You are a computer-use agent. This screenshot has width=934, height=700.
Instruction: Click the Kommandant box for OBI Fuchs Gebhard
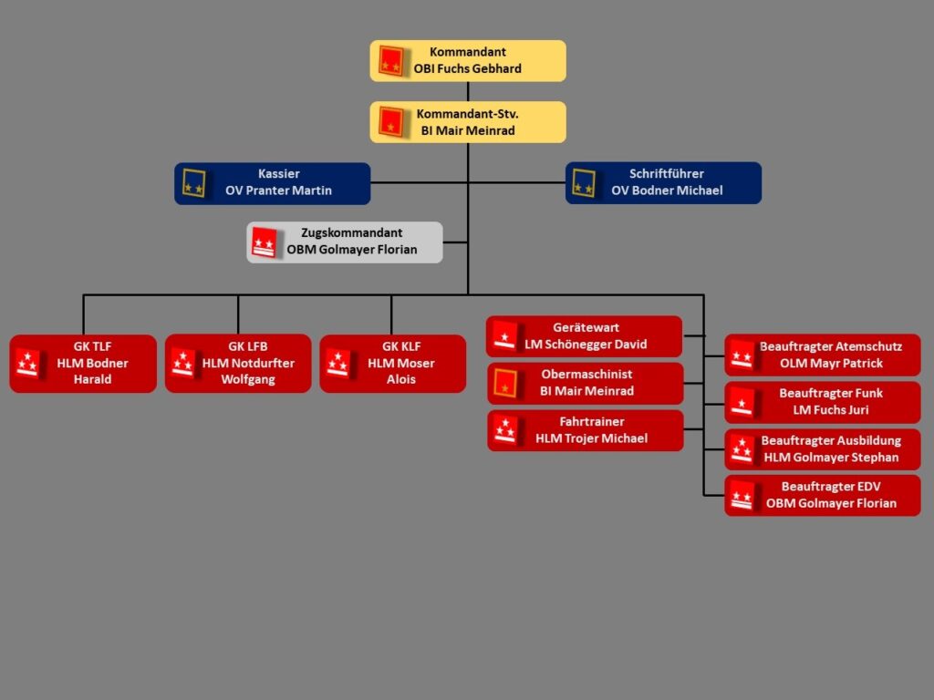[468, 61]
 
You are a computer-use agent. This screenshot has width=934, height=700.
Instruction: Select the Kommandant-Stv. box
[468, 122]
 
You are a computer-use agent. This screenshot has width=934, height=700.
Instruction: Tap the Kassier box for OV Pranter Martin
[273, 183]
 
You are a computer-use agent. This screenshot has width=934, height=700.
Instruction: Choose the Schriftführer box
[663, 183]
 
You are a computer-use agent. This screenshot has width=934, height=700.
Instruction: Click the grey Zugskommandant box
[345, 242]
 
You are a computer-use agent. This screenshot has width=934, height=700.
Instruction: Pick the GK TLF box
[83, 364]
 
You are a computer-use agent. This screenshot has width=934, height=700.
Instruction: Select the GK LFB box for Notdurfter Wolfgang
[238, 364]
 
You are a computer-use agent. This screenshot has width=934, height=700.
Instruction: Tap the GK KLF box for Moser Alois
[392, 364]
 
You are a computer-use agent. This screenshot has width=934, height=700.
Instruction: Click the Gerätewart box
[585, 336]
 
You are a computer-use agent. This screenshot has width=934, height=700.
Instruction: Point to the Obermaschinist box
[585, 383]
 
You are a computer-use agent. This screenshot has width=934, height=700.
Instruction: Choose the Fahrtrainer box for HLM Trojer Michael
[585, 430]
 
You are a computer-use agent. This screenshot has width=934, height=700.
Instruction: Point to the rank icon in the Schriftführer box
[584, 183]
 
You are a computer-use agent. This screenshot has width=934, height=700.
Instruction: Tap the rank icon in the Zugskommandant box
[265, 242]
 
